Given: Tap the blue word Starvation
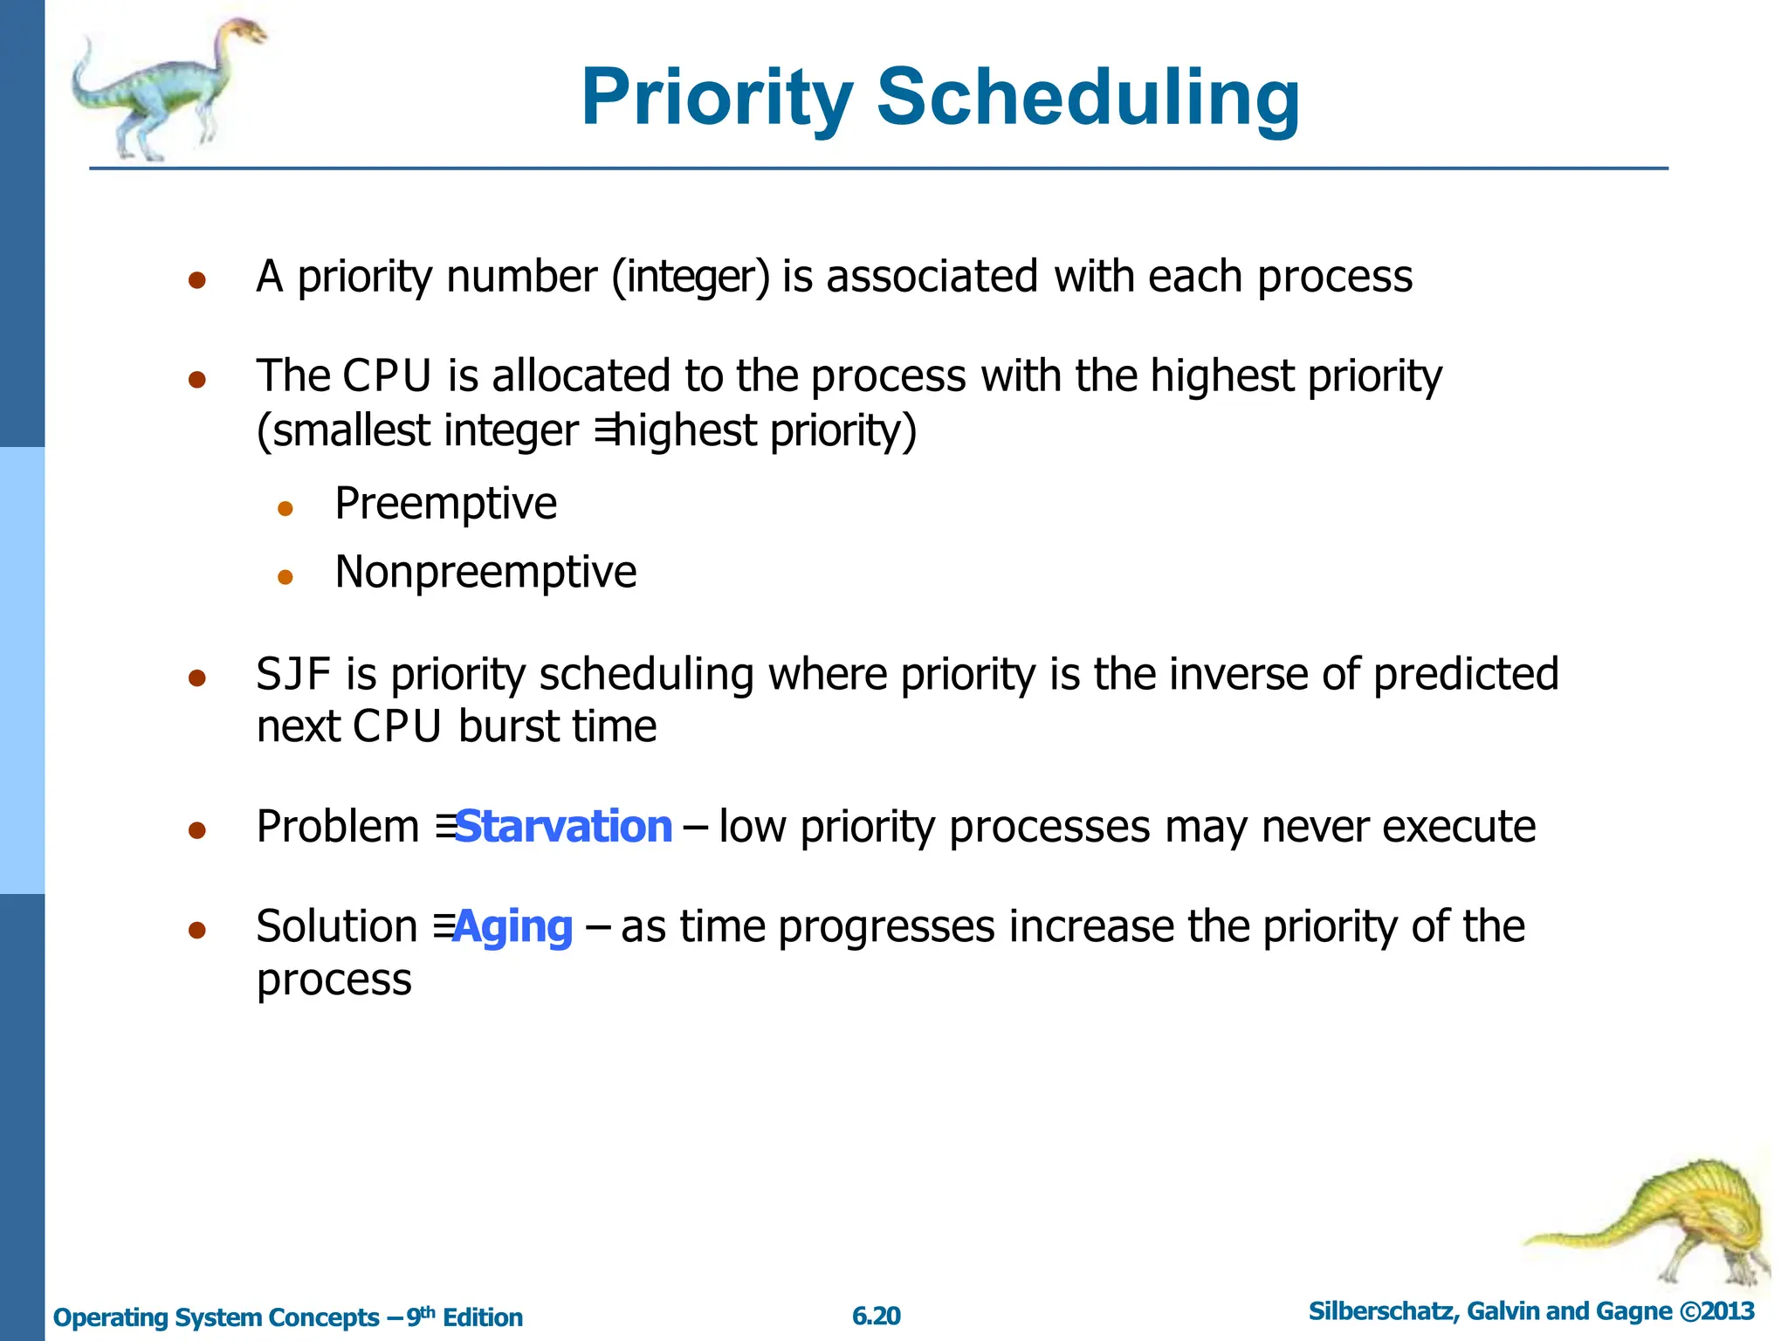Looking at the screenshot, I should pos(564,826).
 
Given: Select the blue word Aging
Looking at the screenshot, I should pos(513,926).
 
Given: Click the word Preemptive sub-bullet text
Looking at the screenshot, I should pos(445,504).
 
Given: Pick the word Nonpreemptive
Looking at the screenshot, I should pos(485,573).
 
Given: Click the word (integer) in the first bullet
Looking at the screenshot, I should pos(691,277).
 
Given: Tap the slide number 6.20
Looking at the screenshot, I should pos(876,1316).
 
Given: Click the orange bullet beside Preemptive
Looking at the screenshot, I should pos(285,508).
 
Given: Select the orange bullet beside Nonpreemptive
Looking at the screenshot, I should pos(285,576).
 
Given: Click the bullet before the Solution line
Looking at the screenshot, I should pos(197,931).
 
